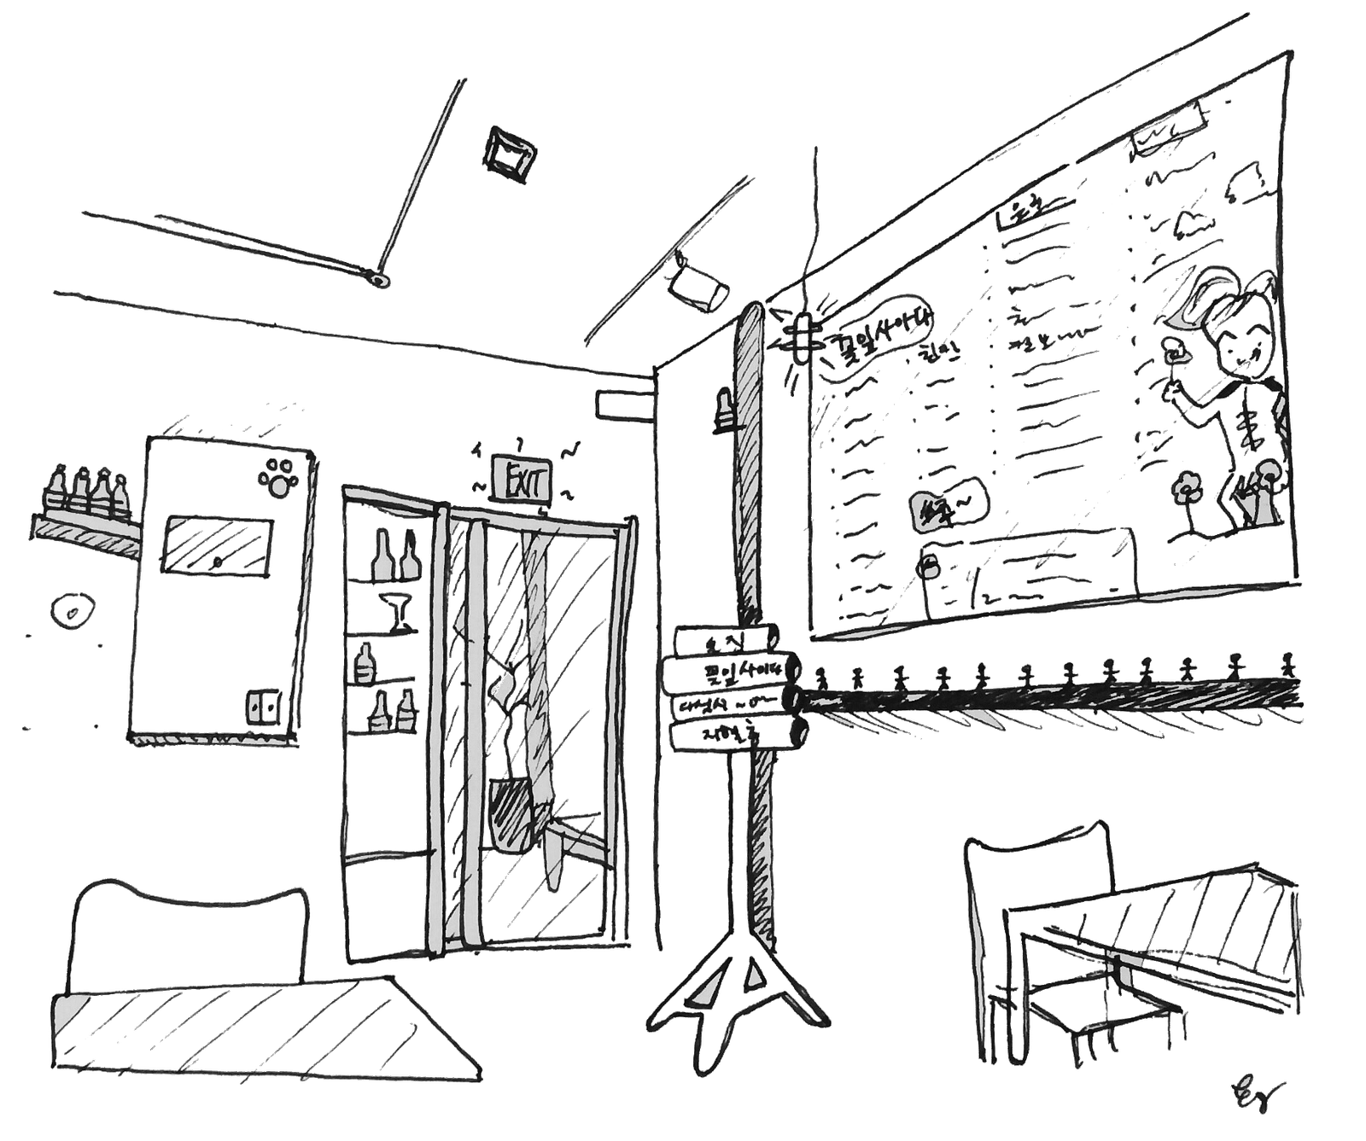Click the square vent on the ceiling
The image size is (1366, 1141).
509,153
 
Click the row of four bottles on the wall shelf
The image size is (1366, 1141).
85,492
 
